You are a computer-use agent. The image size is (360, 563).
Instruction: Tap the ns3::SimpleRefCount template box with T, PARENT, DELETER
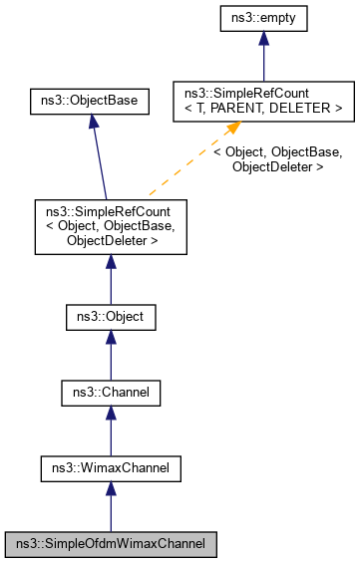click(x=263, y=101)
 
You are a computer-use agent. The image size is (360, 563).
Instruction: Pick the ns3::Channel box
click(x=111, y=393)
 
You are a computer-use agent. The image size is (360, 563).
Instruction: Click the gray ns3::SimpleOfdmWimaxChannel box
click(x=111, y=545)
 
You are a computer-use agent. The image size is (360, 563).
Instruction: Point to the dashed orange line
click(x=189, y=170)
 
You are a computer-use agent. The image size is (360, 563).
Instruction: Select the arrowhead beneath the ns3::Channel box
click(x=111, y=416)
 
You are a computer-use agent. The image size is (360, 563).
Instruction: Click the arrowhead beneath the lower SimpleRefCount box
click(x=111, y=263)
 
